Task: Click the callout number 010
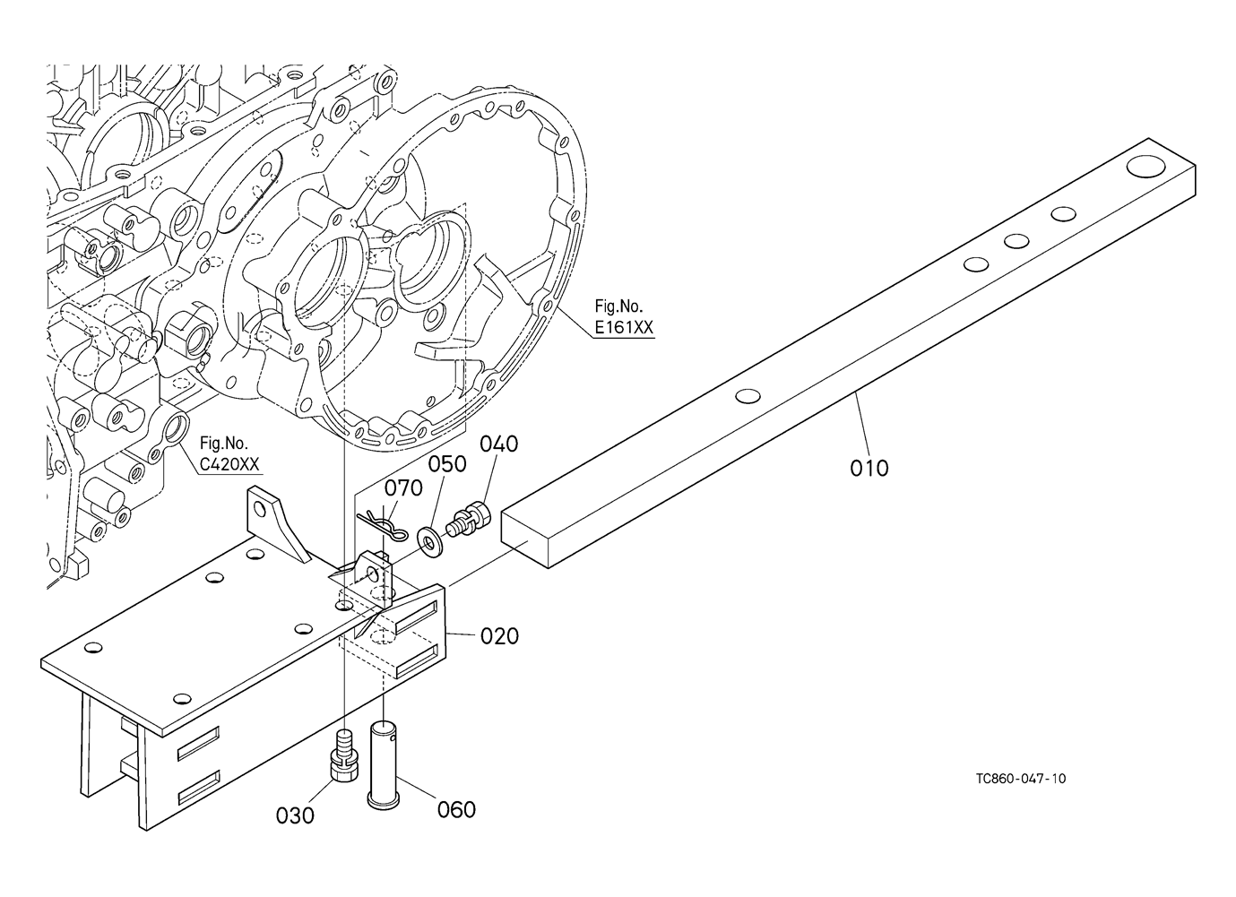(x=869, y=469)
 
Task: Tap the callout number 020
(x=499, y=636)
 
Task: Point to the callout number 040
(x=499, y=444)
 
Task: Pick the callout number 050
(x=447, y=464)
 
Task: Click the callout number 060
(x=456, y=810)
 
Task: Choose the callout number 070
(x=403, y=488)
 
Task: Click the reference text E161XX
(x=624, y=328)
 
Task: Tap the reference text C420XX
(x=229, y=464)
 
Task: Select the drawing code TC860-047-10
(x=1021, y=779)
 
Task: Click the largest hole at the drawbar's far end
(x=1145, y=167)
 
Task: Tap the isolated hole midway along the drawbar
(x=748, y=395)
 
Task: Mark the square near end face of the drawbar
(x=525, y=539)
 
